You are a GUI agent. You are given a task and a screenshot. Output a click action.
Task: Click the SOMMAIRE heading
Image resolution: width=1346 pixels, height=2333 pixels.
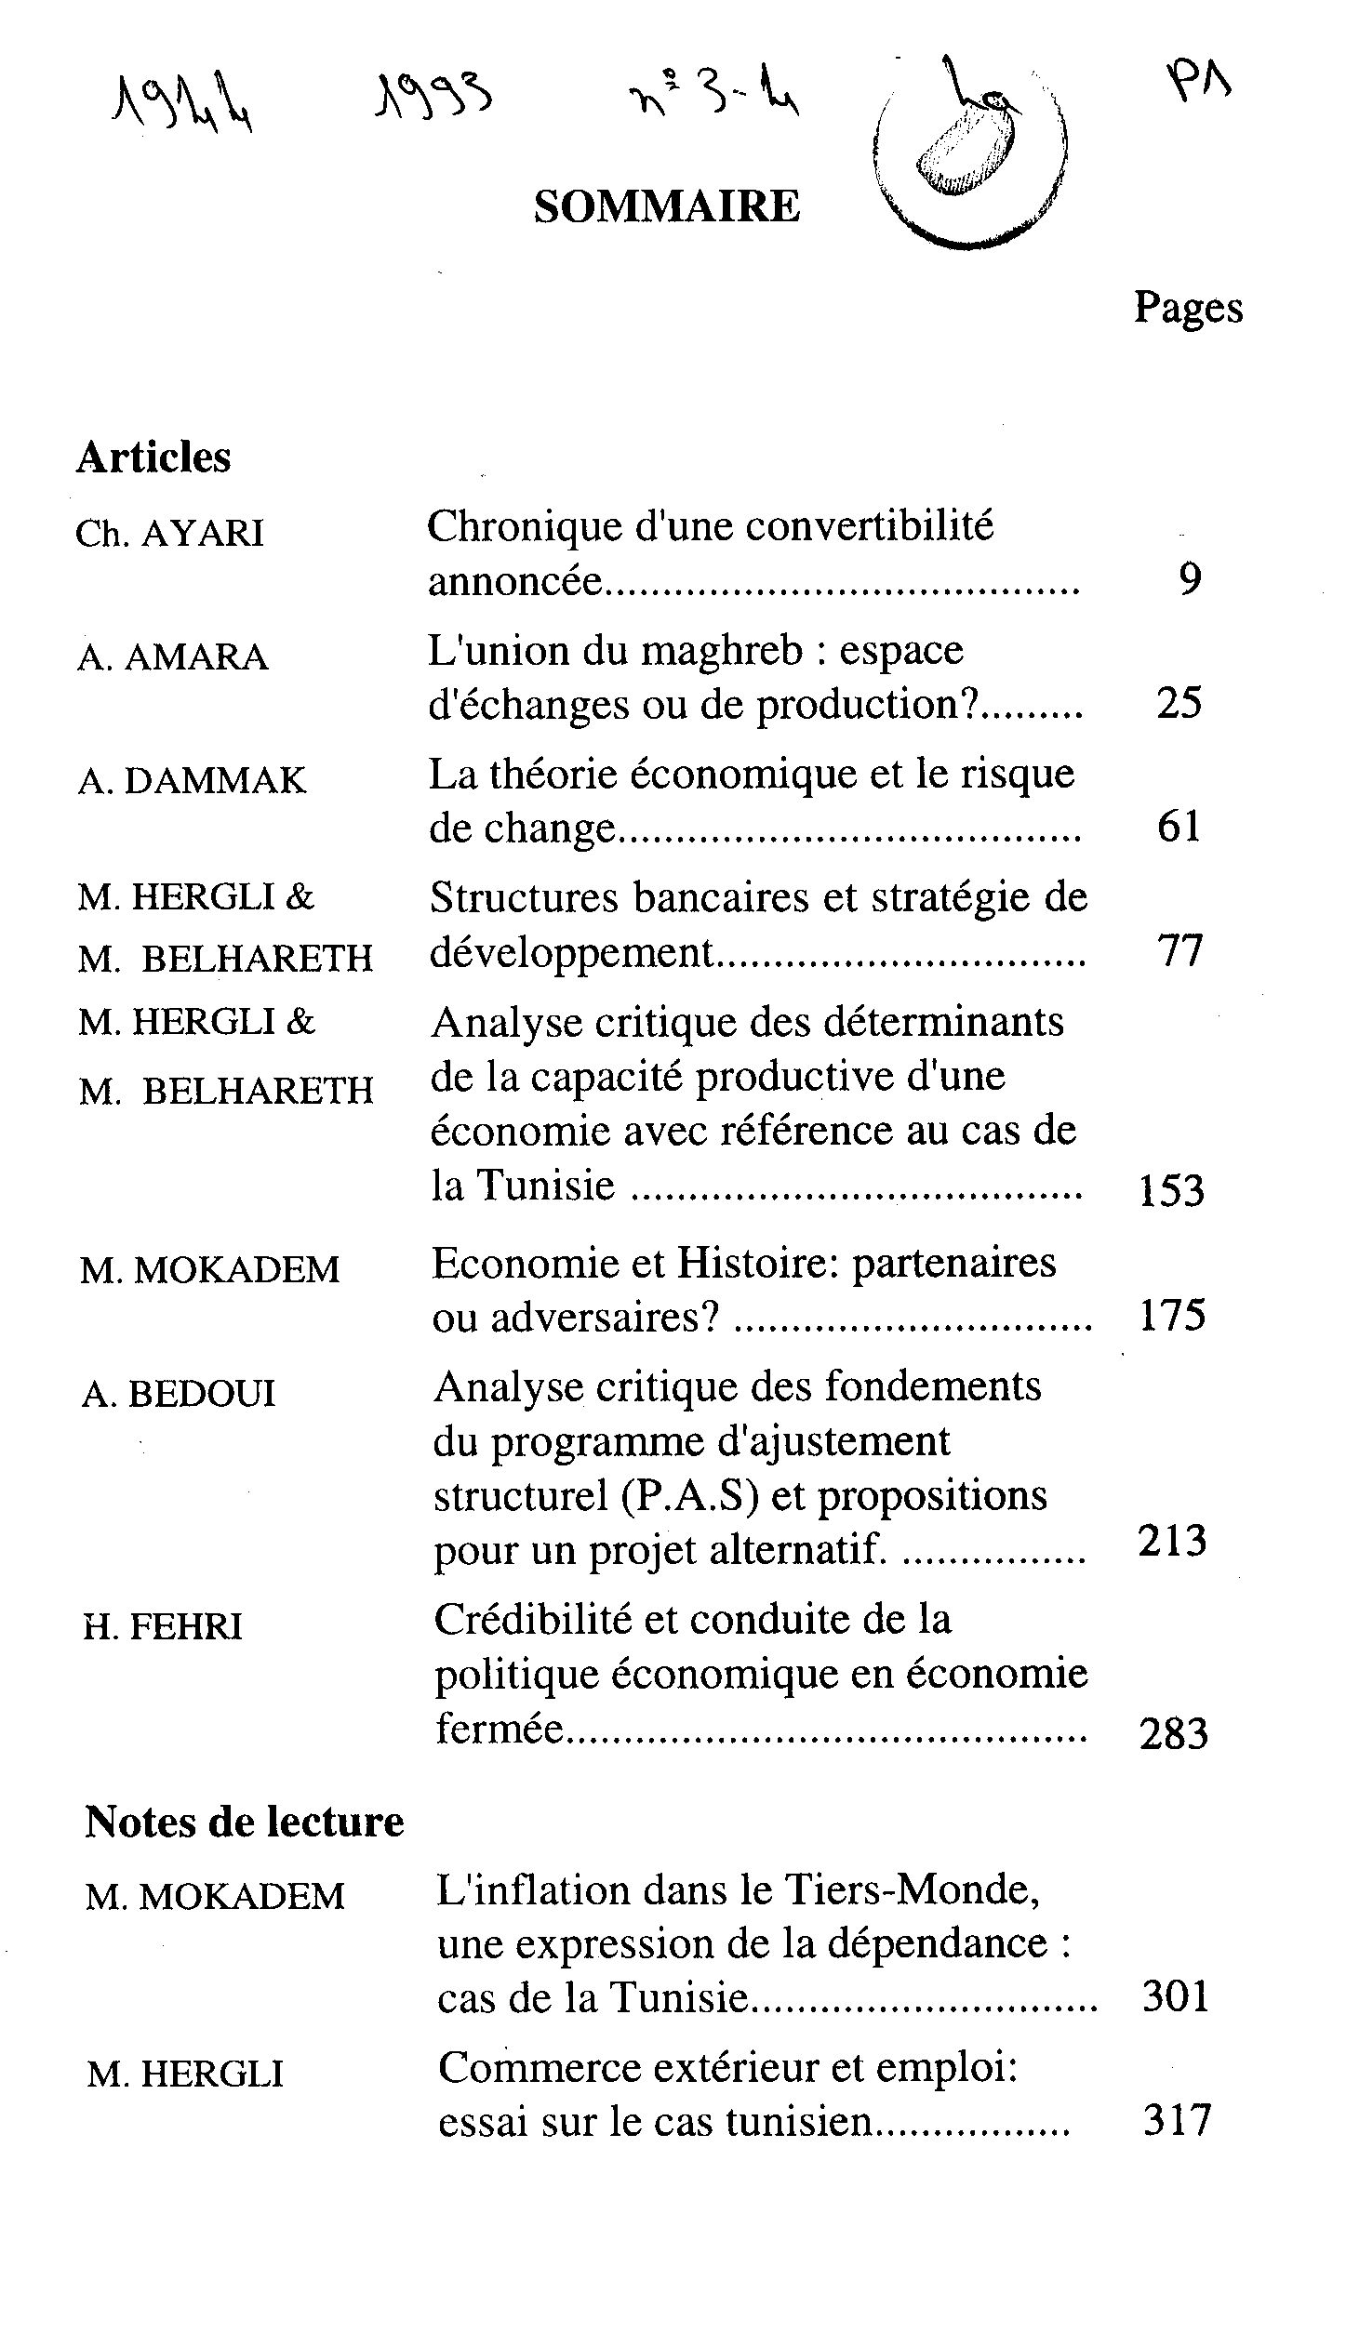(x=666, y=206)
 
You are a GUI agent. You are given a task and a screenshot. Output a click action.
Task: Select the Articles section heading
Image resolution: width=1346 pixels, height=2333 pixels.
(x=153, y=457)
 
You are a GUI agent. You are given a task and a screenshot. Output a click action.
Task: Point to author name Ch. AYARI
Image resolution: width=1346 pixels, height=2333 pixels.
(x=170, y=534)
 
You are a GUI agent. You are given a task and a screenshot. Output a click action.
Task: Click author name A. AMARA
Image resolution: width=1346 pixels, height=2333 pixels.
(x=173, y=657)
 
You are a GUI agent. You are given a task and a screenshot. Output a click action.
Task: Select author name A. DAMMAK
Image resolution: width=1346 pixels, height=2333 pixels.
(x=192, y=781)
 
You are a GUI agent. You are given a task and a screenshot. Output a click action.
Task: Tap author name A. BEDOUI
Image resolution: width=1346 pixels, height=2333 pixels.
(x=179, y=1393)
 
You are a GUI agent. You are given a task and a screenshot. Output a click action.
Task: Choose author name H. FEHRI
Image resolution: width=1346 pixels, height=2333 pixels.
(x=163, y=1626)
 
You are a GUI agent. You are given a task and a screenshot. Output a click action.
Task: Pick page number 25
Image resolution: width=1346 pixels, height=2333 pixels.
(x=1179, y=703)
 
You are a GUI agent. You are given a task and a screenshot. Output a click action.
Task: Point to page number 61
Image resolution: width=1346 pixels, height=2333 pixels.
(x=1179, y=827)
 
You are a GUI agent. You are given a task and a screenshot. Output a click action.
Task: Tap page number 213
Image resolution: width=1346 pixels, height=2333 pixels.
(x=1172, y=1541)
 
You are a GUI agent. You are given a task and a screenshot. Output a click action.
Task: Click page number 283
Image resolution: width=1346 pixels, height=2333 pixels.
(x=1172, y=1734)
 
